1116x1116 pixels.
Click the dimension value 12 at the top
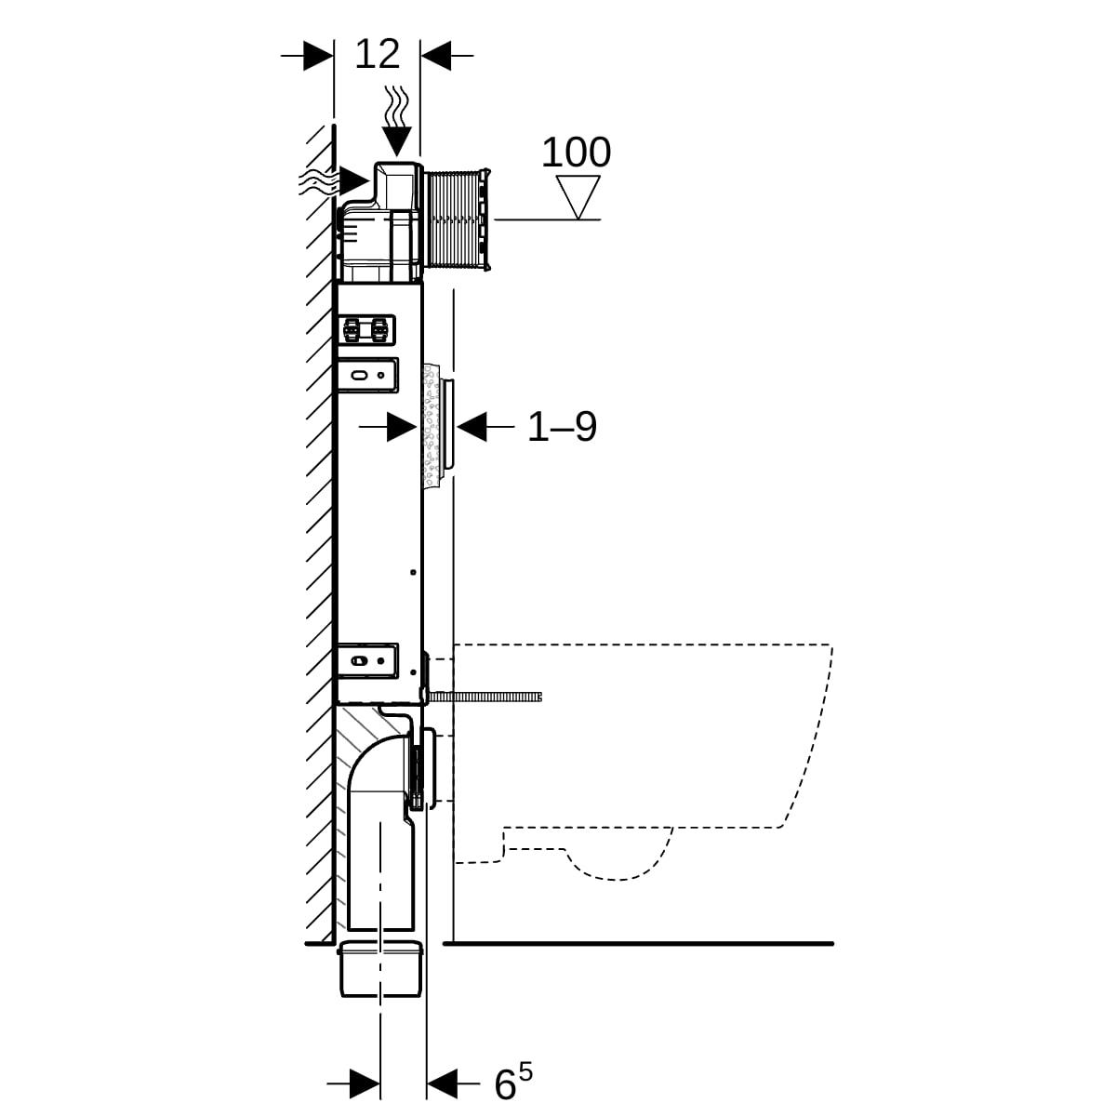coord(377,55)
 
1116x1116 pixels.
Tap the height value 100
coord(576,153)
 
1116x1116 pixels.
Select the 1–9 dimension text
coord(562,428)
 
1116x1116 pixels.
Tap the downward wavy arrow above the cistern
coord(397,121)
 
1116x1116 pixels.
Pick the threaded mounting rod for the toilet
coord(484,697)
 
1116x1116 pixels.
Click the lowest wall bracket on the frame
coord(367,659)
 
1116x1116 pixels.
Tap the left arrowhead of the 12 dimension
coord(318,56)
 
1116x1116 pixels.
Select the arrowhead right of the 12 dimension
coord(436,56)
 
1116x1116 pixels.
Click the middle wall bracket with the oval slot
coord(367,375)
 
